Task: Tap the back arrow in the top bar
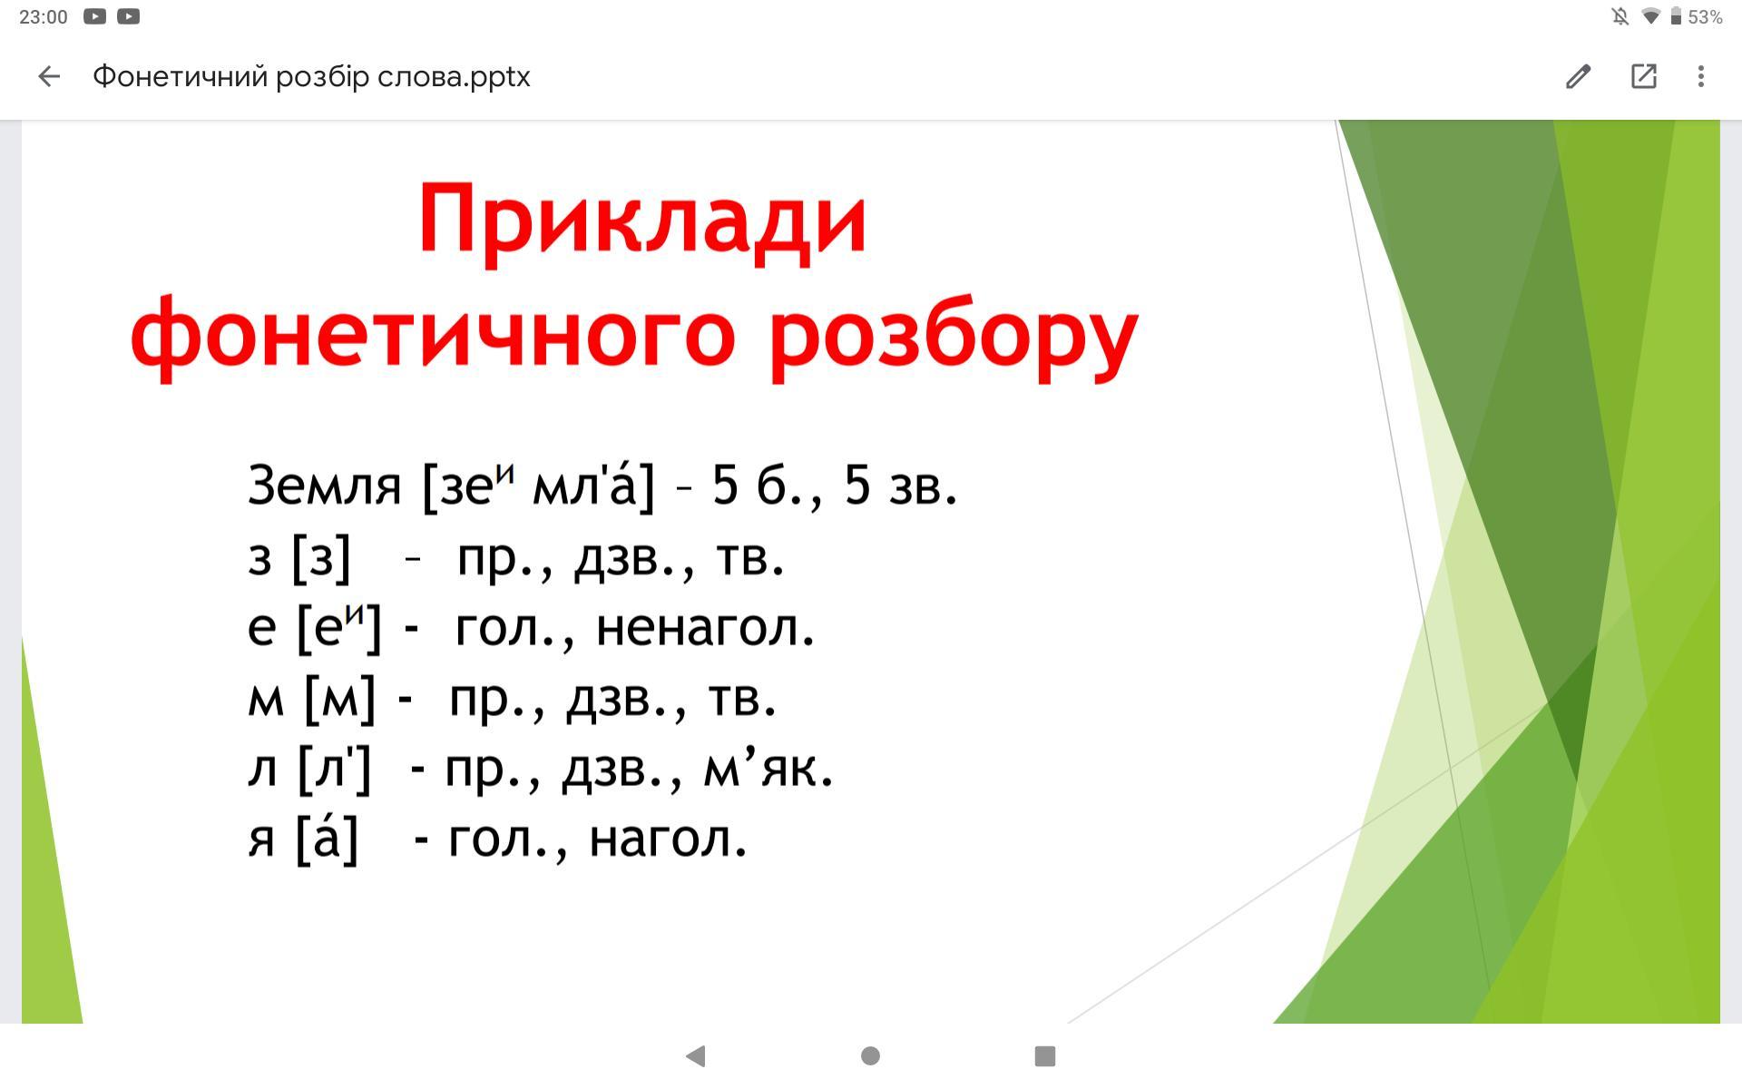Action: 49,76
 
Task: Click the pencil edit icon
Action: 1579,76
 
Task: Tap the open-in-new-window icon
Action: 1644,76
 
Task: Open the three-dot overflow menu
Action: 1701,76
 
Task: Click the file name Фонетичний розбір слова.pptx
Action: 311,77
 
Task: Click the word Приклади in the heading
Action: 642,220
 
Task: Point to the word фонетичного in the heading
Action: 433,336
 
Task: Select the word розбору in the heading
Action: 954,336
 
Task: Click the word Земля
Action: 324,486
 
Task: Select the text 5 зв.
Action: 900,485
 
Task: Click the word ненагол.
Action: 705,627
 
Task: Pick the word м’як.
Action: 768,769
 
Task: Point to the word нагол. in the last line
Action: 668,839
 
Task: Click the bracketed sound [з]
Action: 321,557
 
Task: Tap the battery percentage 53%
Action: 1705,17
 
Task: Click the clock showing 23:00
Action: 43,17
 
